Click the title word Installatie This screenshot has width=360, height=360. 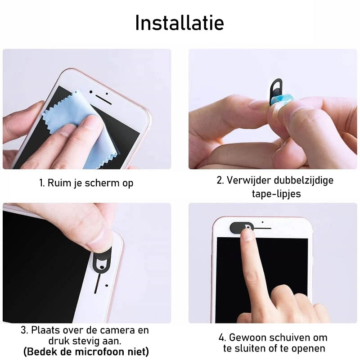(180, 23)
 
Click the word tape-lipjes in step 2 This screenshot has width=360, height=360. (276, 193)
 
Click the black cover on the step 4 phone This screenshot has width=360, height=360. (241, 228)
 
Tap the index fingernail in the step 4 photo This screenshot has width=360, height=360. (247, 235)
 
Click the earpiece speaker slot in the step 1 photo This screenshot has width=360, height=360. (103, 99)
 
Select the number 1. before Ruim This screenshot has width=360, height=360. (42, 183)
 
